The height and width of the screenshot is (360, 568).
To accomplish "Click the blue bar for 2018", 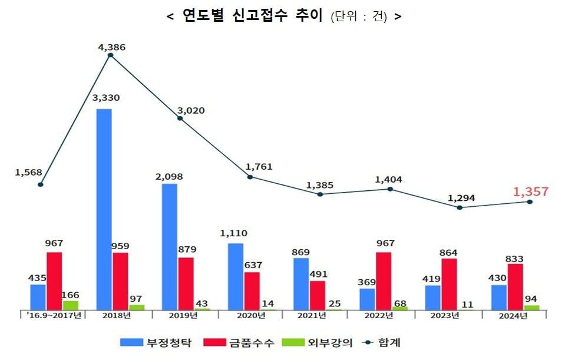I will (104, 209).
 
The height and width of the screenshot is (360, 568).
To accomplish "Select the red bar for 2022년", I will (384, 281).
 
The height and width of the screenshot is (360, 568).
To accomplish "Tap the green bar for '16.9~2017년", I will (71, 305).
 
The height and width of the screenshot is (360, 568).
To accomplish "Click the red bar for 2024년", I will (515, 287).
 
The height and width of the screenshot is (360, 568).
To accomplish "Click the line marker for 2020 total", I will (250, 177).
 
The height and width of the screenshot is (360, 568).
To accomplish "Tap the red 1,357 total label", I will (530, 191).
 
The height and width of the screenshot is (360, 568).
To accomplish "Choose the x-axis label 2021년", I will (312, 316).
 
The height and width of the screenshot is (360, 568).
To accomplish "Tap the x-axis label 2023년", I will (445, 316).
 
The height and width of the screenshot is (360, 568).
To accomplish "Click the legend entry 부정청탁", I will (156, 342).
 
